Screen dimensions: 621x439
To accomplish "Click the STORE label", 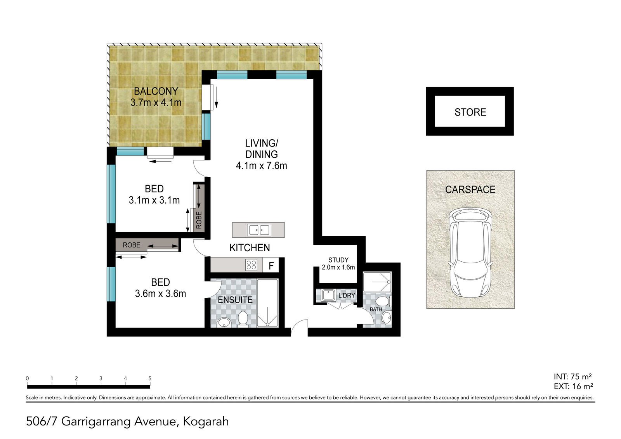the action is pyautogui.click(x=470, y=112).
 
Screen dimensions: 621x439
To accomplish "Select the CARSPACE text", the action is pyautogui.click(x=470, y=190).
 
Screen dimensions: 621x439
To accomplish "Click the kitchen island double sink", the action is pyautogui.click(x=258, y=230).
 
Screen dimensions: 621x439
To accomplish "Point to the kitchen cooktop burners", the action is pyautogui.click(x=251, y=265).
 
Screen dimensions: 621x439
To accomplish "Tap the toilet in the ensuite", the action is pyautogui.click(x=243, y=319).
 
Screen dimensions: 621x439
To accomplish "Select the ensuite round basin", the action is pyautogui.click(x=224, y=322).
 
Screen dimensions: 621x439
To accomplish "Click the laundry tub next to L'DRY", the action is pyautogui.click(x=329, y=295).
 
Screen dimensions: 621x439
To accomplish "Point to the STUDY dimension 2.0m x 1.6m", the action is pyautogui.click(x=338, y=268).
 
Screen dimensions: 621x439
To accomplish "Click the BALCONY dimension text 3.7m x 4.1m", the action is pyautogui.click(x=156, y=103).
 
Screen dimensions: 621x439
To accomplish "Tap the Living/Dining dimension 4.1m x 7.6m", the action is pyautogui.click(x=262, y=166).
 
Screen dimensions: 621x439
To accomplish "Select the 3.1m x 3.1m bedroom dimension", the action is pyautogui.click(x=154, y=200).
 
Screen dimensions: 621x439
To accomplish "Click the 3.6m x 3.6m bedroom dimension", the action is pyautogui.click(x=161, y=294).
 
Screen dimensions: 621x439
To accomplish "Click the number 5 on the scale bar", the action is pyautogui.click(x=150, y=379).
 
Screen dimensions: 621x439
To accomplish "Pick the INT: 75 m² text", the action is pyautogui.click(x=573, y=377).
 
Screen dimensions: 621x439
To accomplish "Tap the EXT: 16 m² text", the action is pyautogui.click(x=573, y=386).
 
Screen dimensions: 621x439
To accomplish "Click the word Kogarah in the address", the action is pyautogui.click(x=206, y=422).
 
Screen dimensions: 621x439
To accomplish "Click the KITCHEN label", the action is pyautogui.click(x=250, y=248).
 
